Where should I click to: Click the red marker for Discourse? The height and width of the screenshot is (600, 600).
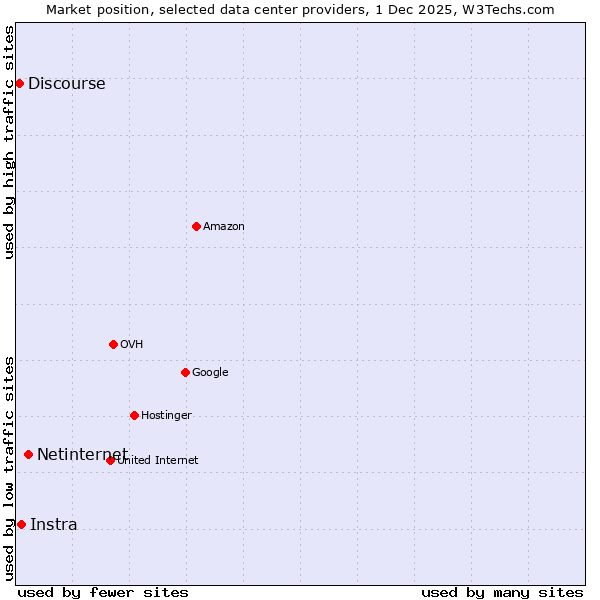pyautogui.click(x=19, y=83)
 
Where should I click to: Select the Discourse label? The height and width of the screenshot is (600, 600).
pyautogui.click(x=66, y=84)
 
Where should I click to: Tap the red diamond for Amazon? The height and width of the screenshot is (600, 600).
pyautogui.click(x=196, y=226)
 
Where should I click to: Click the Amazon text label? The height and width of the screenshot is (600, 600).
pyautogui.click(x=224, y=227)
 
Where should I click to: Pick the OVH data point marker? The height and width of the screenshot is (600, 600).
pyautogui.click(x=113, y=344)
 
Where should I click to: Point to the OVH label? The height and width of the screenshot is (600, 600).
pyautogui.click(x=132, y=345)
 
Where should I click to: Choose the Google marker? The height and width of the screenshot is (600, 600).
pyautogui.click(x=185, y=372)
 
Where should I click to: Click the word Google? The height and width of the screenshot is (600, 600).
pyautogui.click(x=210, y=373)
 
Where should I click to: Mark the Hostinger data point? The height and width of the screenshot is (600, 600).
pyautogui.click(x=134, y=415)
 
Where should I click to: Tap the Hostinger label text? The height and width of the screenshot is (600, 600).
pyautogui.click(x=166, y=416)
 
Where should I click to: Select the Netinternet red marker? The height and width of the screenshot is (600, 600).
pyautogui.click(x=28, y=454)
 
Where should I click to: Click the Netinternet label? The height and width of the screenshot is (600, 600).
pyautogui.click(x=82, y=455)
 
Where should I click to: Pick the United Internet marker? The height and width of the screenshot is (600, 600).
pyautogui.click(x=110, y=460)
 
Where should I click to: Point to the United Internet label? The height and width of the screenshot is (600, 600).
pyautogui.click(x=158, y=461)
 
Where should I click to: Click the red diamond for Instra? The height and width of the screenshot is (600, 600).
pyautogui.click(x=21, y=524)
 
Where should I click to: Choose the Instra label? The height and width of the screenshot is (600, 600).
pyautogui.click(x=53, y=525)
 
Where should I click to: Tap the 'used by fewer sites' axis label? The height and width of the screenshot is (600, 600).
pyautogui.click(x=103, y=592)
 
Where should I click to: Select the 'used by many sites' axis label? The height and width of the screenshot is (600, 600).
pyautogui.click(x=502, y=592)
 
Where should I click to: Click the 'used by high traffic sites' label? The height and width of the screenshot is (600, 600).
pyautogui.click(x=9, y=142)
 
